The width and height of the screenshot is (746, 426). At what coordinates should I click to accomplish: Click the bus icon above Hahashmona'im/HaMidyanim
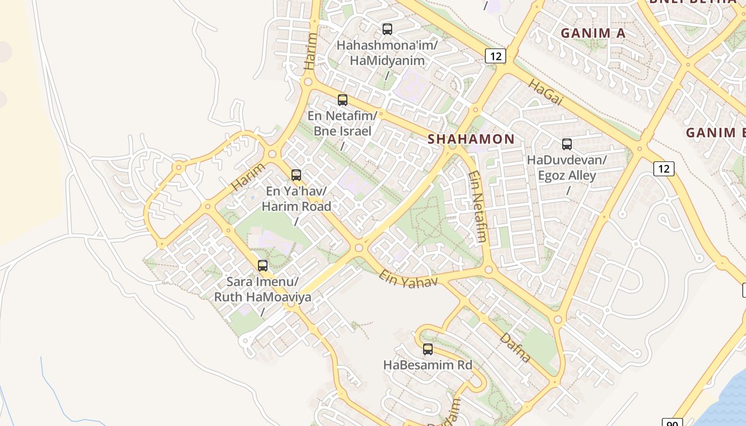(x=387, y=29)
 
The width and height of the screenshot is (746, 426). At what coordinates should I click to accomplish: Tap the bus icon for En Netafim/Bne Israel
(x=343, y=100)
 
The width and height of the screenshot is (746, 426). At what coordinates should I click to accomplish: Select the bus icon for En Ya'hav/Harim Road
(x=296, y=175)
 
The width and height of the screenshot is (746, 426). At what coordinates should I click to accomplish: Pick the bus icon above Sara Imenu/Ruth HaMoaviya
(x=263, y=265)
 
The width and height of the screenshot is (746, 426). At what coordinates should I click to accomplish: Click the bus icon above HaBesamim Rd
(x=428, y=349)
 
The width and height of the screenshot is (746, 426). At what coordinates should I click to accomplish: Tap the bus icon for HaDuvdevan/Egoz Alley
(x=567, y=144)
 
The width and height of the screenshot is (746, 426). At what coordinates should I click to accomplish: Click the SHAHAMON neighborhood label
(x=472, y=139)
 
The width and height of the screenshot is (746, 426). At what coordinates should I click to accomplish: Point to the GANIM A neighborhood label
(x=593, y=33)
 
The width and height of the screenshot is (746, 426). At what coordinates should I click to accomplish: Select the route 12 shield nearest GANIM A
(x=495, y=55)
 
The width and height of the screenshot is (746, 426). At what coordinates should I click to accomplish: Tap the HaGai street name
(x=546, y=91)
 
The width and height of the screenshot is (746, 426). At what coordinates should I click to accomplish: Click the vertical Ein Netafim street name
(x=477, y=206)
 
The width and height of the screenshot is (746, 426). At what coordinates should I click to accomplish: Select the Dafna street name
(x=515, y=347)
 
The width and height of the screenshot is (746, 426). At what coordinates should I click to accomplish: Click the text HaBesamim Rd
(x=428, y=365)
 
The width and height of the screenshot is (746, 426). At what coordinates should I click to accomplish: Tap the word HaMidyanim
(x=387, y=60)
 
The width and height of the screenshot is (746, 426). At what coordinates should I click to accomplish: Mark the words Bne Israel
(x=343, y=130)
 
